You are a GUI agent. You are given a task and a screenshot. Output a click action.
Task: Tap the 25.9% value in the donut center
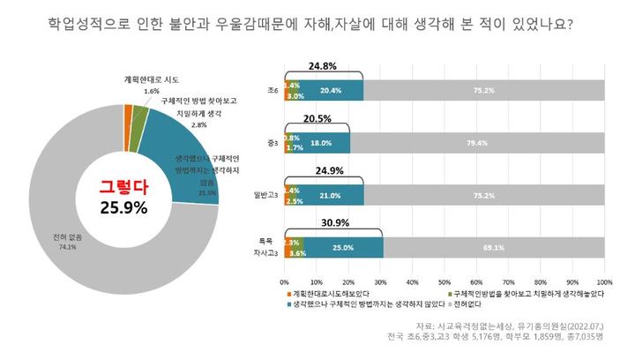coord(123,207)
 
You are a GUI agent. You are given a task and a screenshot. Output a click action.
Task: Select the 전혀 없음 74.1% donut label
coord(62,242)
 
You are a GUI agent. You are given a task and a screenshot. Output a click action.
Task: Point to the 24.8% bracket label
coord(324,66)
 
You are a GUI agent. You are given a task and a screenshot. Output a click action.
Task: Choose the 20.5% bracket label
coord(317,117)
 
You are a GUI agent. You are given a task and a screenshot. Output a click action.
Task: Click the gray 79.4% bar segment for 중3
coord(477,143)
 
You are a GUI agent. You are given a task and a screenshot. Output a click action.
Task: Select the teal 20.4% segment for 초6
coord(331,90)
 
